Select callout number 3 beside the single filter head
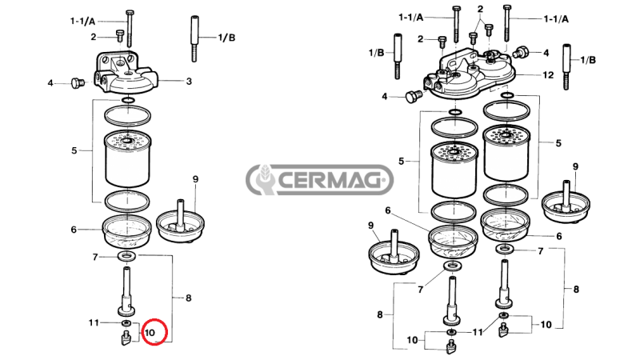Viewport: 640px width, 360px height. [x=189, y=81]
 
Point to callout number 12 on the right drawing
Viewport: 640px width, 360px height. [x=548, y=74]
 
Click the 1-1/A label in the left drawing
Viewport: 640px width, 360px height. [x=84, y=21]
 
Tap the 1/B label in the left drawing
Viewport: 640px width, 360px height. [x=227, y=37]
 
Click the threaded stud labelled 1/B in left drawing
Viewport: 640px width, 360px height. [x=194, y=38]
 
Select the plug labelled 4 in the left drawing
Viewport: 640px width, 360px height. [x=78, y=82]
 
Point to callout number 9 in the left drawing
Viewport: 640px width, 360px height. [x=194, y=178]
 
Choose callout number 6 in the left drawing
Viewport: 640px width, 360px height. [x=74, y=230]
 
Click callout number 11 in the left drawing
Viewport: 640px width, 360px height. [x=94, y=322]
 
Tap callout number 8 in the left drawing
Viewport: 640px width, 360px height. [x=189, y=298]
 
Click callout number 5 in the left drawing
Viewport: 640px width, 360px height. [x=74, y=150]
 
